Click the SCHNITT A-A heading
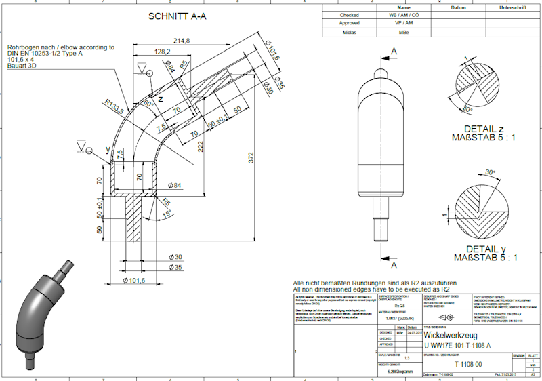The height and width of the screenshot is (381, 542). pos(177,17)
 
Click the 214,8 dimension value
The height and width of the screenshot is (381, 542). pos(181,41)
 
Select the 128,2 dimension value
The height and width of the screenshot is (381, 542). pos(162,52)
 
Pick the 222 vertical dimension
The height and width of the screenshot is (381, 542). pos(201,146)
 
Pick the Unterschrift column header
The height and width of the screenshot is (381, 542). pos(514,7)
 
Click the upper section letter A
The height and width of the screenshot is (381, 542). pos(394,51)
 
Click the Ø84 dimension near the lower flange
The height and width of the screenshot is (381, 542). pos(174,185)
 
